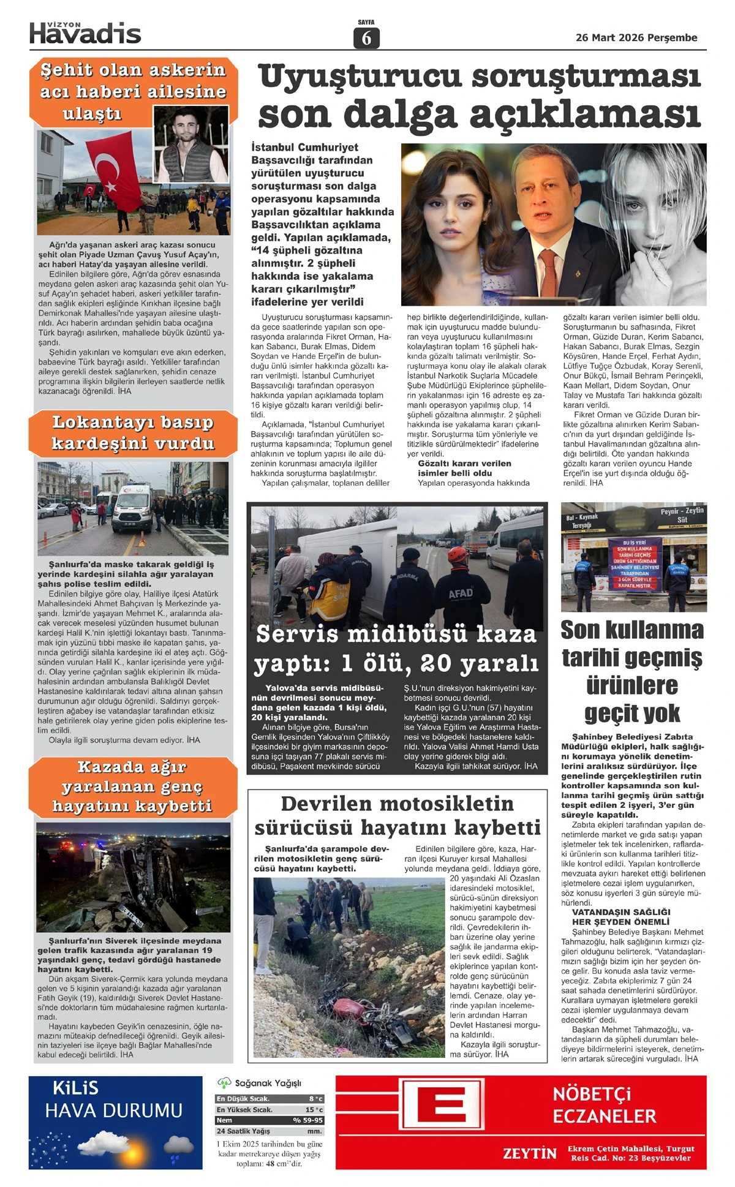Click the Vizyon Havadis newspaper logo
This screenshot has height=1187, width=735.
[x=85, y=33]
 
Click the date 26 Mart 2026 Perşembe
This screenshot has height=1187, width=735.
[x=636, y=38]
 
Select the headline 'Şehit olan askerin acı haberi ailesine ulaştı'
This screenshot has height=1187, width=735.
[x=133, y=91]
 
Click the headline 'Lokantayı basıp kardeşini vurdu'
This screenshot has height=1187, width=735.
[x=133, y=433]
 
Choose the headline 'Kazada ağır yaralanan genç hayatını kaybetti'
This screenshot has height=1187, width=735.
[x=132, y=786]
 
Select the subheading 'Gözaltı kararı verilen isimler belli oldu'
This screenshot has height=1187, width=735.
[x=464, y=468]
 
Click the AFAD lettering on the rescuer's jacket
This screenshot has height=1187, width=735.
[x=460, y=593]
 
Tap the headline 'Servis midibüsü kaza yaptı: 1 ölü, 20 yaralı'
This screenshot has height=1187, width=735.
[x=396, y=648]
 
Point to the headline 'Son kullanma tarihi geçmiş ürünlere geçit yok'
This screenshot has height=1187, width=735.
[x=633, y=671]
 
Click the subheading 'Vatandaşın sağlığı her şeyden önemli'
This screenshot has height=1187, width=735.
[x=620, y=916]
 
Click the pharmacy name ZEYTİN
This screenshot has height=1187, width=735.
[x=530, y=1154]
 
